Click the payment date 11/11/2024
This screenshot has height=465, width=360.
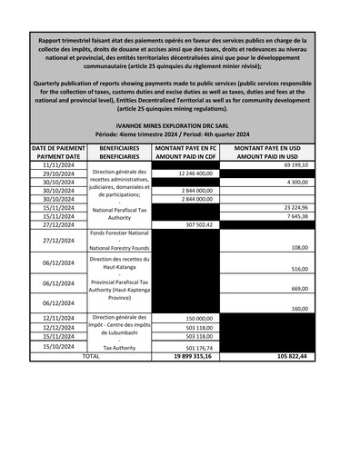pos(58,165)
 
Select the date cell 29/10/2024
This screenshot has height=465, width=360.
pos(58,173)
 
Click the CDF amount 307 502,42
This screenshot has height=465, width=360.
pos(195,225)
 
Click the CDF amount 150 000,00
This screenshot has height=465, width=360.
pos(197,319)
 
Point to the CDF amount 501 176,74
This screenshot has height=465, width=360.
pos(195,346)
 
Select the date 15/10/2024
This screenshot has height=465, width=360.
pos(58,346)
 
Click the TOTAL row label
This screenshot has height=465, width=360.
pos(91,356)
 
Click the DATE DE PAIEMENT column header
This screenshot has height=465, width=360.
pos(58,151)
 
